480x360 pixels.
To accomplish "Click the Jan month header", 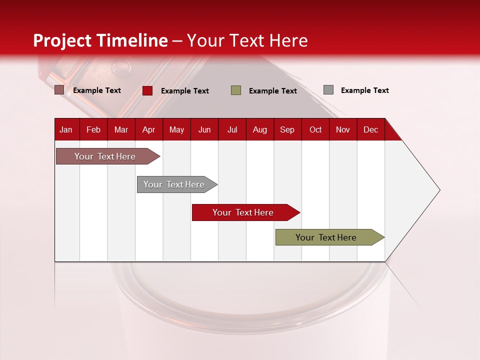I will click(66, 129).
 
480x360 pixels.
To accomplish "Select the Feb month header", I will click(93, 129).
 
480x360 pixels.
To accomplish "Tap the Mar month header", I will click(121, 129).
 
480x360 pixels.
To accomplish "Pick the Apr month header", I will click(149, 129).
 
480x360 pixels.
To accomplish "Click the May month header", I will click(176, 129).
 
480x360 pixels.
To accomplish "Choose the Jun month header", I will click(204, 129).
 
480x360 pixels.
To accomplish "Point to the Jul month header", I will click(232, 129).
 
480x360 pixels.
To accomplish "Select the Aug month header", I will click(260, 129).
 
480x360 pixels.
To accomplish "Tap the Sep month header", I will click(287, 129).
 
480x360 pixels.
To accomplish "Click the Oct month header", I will click(315, 129).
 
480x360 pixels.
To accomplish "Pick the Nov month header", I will click(343, 129).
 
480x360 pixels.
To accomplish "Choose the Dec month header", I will click(370, 129).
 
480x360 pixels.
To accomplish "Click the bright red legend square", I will click(147, 90).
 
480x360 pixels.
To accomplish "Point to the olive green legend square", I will click(236, 90).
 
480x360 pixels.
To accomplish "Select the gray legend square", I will click(328, 90).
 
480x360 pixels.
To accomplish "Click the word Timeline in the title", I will click(132, 40).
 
